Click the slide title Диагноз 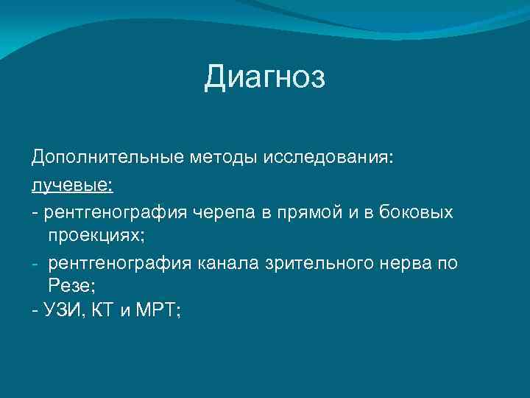tap(264, 77)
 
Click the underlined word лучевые tap(71, 184)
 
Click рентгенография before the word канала tap(121, 263)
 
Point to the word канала tap(226, 263)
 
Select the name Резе tap(69, 287)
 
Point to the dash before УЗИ tap(35, 312)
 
